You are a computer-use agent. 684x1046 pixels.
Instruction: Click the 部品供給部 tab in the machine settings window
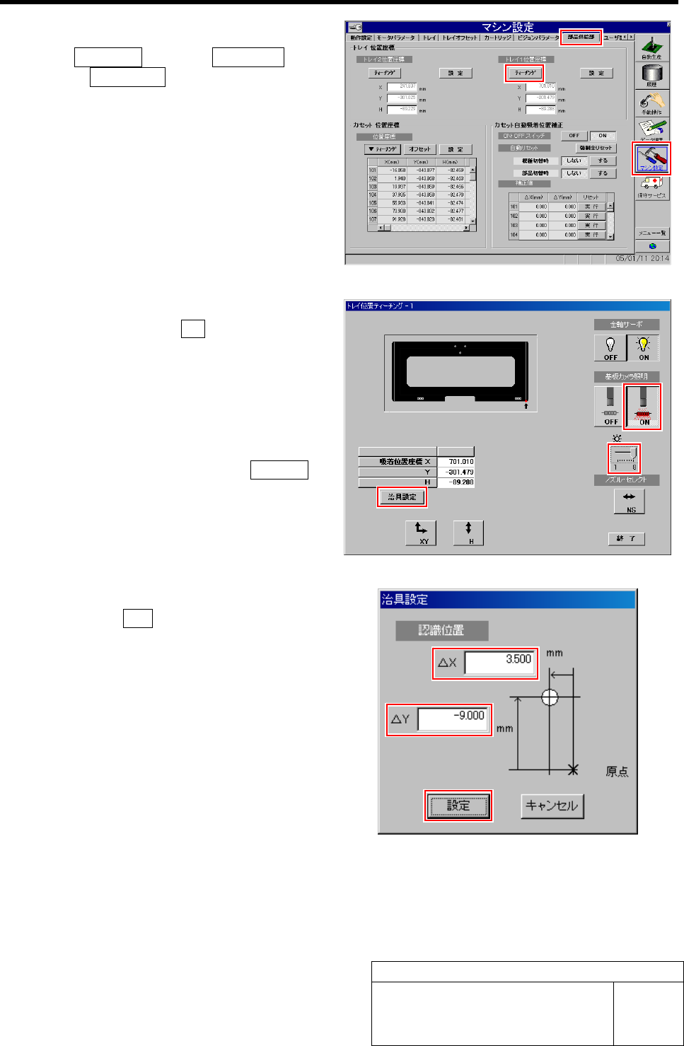click(581, 37)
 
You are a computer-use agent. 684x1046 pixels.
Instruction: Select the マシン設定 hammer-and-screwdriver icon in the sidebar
click(652, 158)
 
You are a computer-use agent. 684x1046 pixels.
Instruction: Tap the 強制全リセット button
click(596, 148)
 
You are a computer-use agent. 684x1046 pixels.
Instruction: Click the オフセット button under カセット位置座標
click(419, 149)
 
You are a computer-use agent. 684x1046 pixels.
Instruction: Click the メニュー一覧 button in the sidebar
click(651, 233)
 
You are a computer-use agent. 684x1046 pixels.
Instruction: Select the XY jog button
click(421, 533)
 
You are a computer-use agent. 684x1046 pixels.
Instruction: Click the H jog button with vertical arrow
click(468, 533)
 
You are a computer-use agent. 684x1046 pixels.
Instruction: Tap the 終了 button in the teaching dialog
click(626, 538)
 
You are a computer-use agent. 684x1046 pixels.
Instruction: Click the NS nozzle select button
click(630, 501)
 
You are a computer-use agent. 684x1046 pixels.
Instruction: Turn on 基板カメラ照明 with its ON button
click(643, 407)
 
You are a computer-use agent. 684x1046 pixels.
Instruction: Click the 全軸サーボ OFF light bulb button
click(610, 347)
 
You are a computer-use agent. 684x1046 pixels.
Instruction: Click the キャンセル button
click(552, 806)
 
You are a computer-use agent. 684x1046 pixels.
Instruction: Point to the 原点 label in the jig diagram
click(617, 772)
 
